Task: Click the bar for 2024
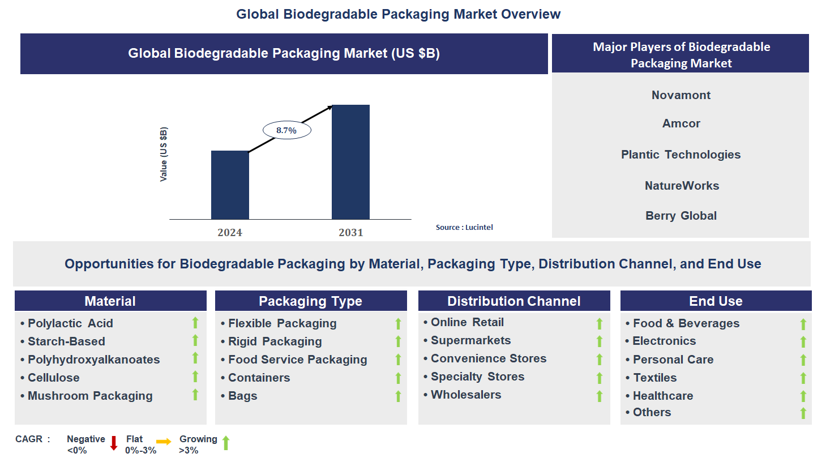(x=230, y=185)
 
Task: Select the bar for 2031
(x=350, y=162)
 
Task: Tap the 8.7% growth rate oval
(x=286, y=130)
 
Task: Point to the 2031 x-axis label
(x=350, y=232)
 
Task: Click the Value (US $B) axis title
(x=164, y=154)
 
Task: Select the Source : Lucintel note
(x=464, y=227)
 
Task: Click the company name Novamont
(x=681, y=95)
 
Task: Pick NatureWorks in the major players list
(x=682, y=186)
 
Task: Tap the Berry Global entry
(x=681, y=216)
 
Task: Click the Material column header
(x=110, y=301)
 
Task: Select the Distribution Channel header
(x=513, y=301)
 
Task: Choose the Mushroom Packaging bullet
(x=90, y=396)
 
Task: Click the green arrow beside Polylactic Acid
(x=195, y=323)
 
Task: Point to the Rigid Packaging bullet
(x=275, y=341)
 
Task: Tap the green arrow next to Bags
(x=398, y=396)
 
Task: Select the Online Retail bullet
(x=467, y=322)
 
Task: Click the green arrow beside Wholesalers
(x=599, y=396)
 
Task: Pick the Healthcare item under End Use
(x=662, y=396)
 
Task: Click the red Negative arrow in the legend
(x=114, y=443)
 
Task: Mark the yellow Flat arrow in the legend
(x=164, y=442)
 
